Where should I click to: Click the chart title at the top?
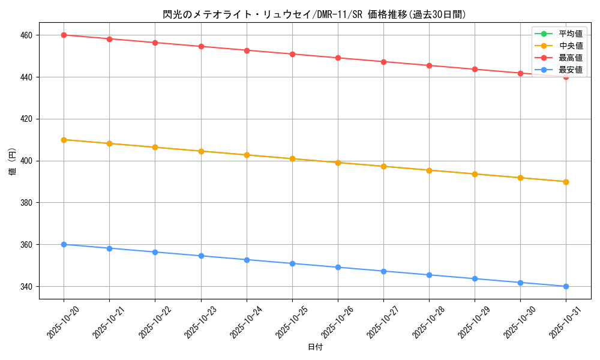(x=314, y=14)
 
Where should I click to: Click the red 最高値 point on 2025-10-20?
(x=64, y=35)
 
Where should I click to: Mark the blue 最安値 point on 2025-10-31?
(x=566, y=286)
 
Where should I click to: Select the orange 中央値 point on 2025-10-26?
(x=338, y=163)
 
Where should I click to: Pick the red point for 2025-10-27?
(x=383, y=62)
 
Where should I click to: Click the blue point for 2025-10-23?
(x=201, y=256)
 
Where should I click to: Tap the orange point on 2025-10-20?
(x=64, y=140)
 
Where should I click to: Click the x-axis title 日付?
(x=314, y=347)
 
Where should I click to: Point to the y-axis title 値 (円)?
(x=13, y=161)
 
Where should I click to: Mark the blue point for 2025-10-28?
(x=429, y=275)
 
